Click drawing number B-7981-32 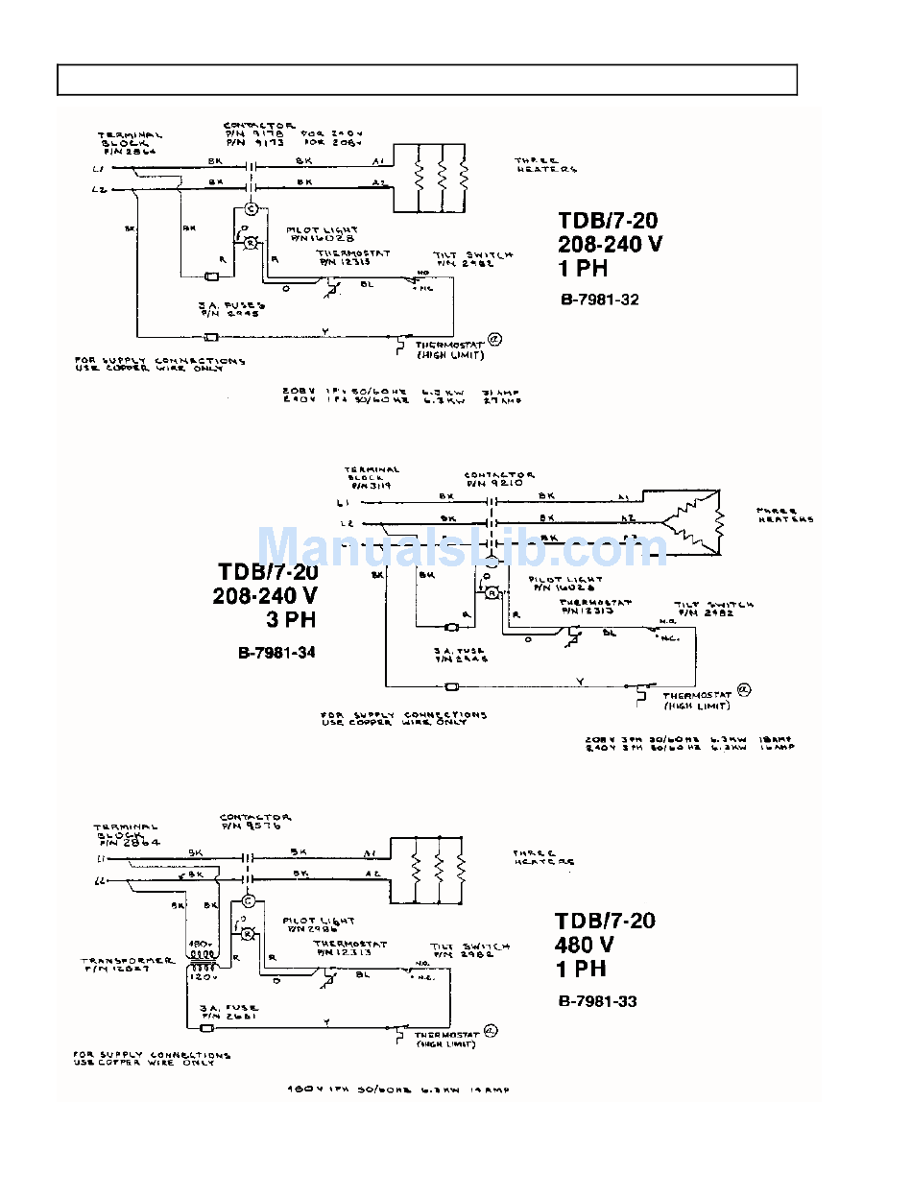[599, 299]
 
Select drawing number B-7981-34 [276, 653]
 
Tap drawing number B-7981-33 [597, 1001]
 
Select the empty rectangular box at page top [427, 80]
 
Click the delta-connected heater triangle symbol [693, 520]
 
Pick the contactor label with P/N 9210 [499, 479]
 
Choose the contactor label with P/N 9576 [254, 822]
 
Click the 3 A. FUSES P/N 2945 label [231, 309]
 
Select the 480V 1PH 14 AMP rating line [397, 1090]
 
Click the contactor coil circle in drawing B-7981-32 [251, 209]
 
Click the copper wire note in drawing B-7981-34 [403, 718]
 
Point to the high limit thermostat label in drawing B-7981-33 [444, 1040]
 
